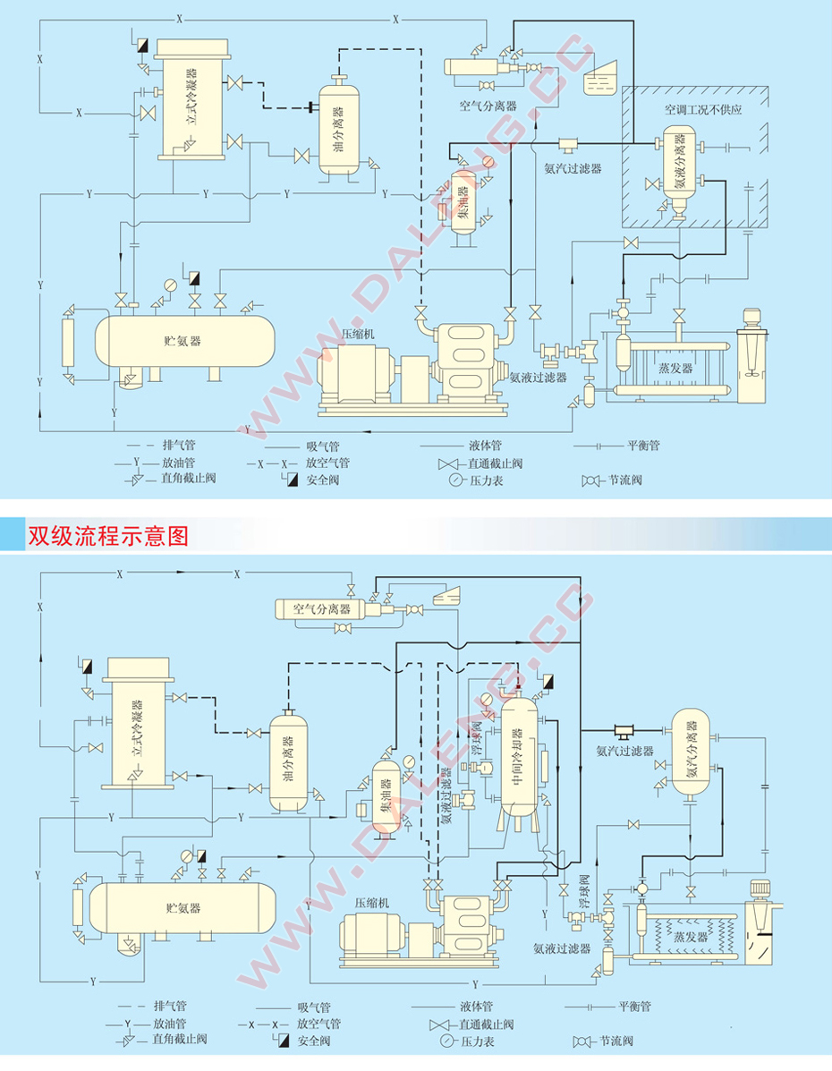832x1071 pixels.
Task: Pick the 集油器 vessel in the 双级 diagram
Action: [x=387, y=796]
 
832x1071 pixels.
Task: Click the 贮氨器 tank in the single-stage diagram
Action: [x=183, y=341]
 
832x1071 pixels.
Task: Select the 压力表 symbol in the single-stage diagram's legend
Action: [x=456, y=480]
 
